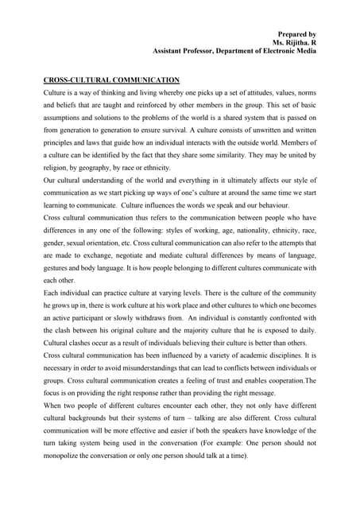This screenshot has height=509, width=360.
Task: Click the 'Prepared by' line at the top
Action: [x=296, y=34]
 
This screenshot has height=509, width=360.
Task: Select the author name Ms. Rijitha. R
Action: [x=294, y=42]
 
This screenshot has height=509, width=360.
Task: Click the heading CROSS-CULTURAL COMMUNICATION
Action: [x=110, y=80]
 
